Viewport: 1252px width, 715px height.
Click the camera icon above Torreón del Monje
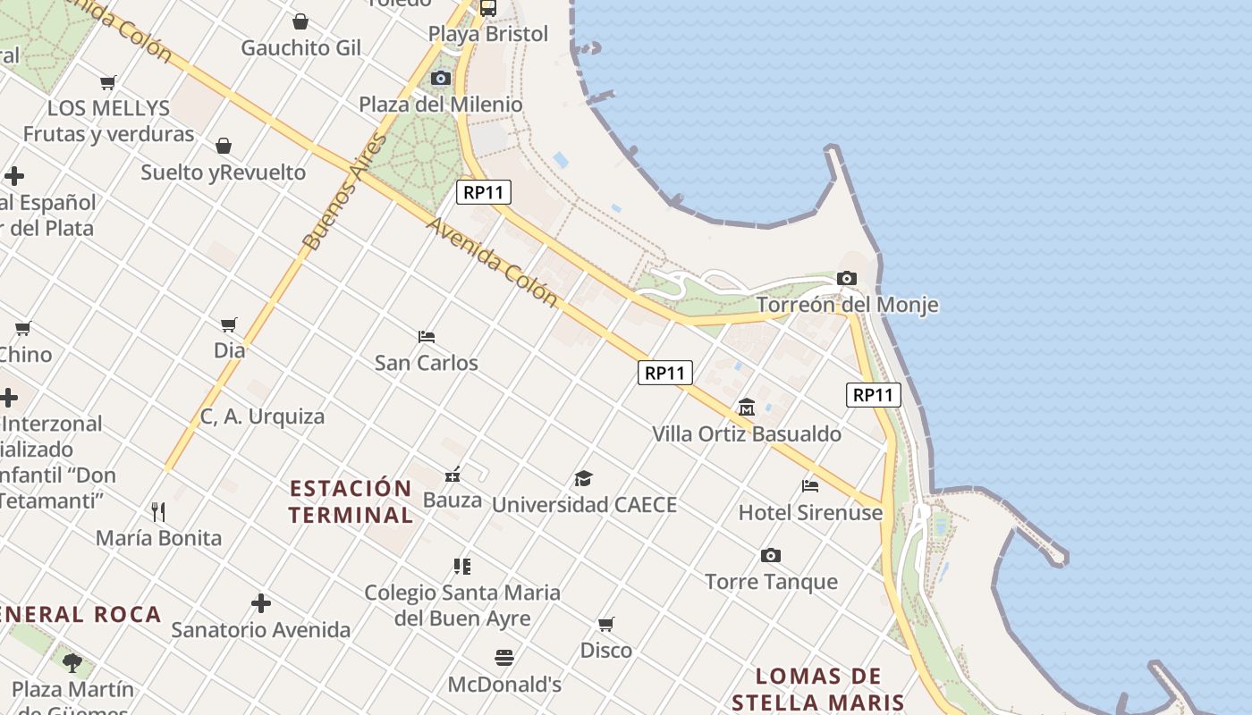point(847,279)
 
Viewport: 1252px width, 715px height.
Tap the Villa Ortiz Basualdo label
point(747,434)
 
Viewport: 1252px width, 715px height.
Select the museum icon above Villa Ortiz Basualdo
point(747,408)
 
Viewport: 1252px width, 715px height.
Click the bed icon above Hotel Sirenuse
point(810,486)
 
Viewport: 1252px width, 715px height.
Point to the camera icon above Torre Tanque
point(771,556)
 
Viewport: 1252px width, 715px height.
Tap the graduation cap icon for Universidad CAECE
point(584,479)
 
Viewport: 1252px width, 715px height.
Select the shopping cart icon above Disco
point(606,624)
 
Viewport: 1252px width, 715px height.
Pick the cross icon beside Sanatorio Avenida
point(261,604)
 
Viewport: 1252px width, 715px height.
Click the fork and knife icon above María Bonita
point(158,512)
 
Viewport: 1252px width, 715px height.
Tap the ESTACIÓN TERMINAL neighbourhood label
point(351,501)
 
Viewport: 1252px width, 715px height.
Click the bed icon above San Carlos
point(427,337)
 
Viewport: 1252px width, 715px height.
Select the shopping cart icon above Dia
point(229,324)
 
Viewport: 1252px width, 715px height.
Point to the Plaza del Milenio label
point(441,105)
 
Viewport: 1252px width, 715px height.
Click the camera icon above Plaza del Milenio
point(441,79)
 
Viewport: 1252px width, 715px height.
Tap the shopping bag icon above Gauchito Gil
point(300,21)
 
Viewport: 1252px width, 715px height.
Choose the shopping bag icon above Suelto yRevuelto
point(224,146)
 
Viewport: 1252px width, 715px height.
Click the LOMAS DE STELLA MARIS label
point(818,689)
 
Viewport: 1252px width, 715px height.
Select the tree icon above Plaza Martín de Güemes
point(72,663)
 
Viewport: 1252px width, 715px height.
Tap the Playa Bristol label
point(488,34)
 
